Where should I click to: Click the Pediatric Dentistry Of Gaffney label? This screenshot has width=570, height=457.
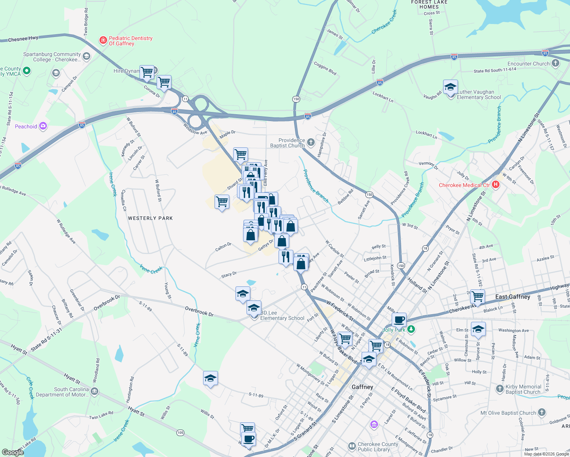coord(130,41)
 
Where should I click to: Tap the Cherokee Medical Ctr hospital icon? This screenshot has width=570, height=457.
coord(496,185)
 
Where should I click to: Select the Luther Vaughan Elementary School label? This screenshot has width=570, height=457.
coord(479,95)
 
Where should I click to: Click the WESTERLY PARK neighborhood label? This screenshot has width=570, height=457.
coord(151,218)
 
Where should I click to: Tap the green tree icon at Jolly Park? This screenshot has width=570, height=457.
coord(411,329)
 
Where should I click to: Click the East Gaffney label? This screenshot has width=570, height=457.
coord(512,297)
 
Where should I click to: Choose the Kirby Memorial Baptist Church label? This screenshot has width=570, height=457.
coord(523,389)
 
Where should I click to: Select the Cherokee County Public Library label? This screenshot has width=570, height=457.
coord(378,447)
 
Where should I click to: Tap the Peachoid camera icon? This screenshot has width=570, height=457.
coord(43,126)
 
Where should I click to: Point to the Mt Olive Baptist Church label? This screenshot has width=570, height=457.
coord(508,413)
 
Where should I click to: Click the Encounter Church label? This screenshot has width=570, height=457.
coord(528,64)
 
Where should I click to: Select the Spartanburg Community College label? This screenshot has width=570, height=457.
coord(52,57)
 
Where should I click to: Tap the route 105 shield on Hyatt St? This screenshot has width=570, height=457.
coord(180,433)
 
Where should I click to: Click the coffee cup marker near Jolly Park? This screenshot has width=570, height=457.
coord(399,319)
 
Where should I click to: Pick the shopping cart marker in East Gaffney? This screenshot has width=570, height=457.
coord(477,296)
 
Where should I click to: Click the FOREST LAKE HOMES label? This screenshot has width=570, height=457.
coord(429,5)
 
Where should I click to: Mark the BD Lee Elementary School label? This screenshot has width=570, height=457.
coord(282,316)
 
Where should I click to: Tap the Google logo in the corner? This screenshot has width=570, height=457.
coord(13,452)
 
